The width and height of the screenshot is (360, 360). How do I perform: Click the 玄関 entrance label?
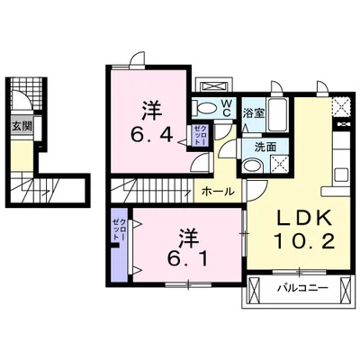click(22, 126)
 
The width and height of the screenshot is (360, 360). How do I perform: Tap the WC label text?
click(227, 108)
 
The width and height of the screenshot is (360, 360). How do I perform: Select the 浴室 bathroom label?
click(254, 113)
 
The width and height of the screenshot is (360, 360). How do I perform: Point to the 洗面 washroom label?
click(265, 148)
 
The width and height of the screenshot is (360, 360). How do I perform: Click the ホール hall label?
click(218, 191)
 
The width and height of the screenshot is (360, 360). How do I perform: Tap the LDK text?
click(303, 219)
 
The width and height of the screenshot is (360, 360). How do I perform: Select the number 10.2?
click(303, 242)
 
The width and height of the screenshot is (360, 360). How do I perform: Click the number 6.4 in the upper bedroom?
click(152, 136)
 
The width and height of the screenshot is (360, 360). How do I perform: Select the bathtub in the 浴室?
click(278, 114)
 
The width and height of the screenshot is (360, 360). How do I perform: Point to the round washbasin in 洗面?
click(252, 166)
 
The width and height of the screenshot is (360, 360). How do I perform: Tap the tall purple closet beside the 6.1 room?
click(120, 245)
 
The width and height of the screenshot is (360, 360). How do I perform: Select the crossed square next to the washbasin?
click(279, 164)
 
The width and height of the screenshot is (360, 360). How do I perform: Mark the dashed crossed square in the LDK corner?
click(341, 106)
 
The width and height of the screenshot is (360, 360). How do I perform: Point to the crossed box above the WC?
click(213, 86)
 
